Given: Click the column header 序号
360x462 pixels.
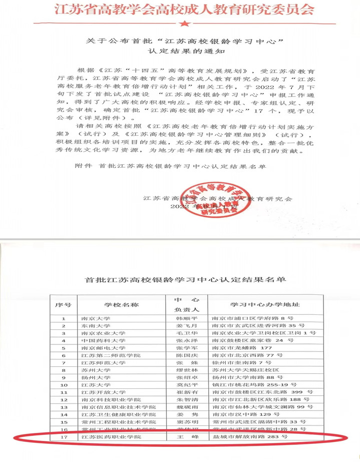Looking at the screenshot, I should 64,304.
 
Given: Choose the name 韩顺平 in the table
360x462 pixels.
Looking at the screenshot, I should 186,318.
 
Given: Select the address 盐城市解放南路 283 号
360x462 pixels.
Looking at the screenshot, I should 250,437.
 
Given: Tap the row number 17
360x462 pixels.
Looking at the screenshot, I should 64,437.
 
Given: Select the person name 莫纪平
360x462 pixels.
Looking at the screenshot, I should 186,385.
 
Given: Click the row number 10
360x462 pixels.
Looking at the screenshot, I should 64,385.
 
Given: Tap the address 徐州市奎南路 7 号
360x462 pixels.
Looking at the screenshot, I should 242,363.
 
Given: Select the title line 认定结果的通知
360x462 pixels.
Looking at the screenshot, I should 181,51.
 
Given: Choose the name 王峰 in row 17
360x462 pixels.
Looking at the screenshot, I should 186,437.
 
